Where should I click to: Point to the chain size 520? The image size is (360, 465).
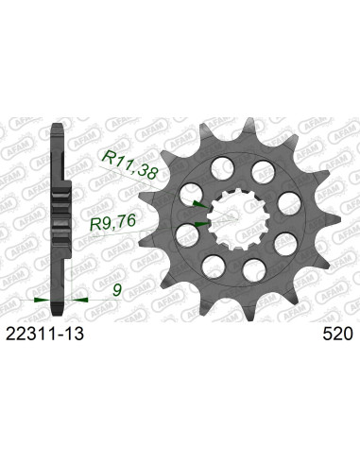(337, 335)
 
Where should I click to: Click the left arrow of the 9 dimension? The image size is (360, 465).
(40, 299)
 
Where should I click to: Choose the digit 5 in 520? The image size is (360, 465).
(326, 335)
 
